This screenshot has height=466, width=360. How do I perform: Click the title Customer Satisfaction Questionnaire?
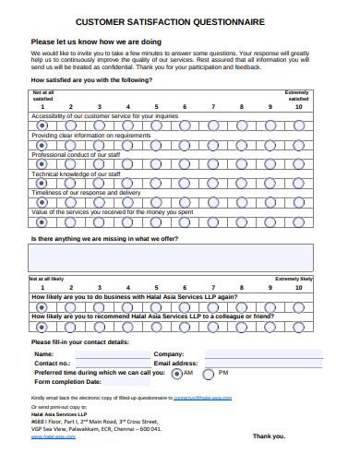pos(180,18)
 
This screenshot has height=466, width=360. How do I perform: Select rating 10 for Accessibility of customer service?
pos(299,125)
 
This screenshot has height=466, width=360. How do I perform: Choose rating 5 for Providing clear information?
pos(156,145)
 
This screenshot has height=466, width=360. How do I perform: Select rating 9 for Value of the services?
pos(270,222)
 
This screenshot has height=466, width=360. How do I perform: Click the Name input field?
pos(112,353)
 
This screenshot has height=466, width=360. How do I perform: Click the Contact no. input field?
pos(112,363)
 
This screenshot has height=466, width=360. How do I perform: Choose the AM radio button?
pos(176,373)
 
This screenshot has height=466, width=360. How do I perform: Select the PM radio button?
pos(209,373)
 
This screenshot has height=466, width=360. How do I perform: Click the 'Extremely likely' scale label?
pos(294,278)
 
